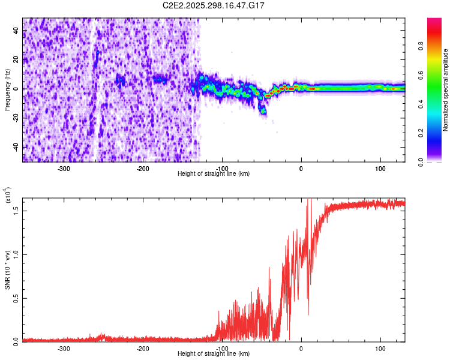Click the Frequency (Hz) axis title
tap(7, 90)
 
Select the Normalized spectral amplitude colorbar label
tap(446, 90)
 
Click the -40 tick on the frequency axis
tap(16, 147)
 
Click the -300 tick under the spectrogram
tap(64, 169)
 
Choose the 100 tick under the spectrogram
tap(380, 169)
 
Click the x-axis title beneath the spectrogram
tap(214, 174)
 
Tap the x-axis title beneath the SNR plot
tap(214, 353)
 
